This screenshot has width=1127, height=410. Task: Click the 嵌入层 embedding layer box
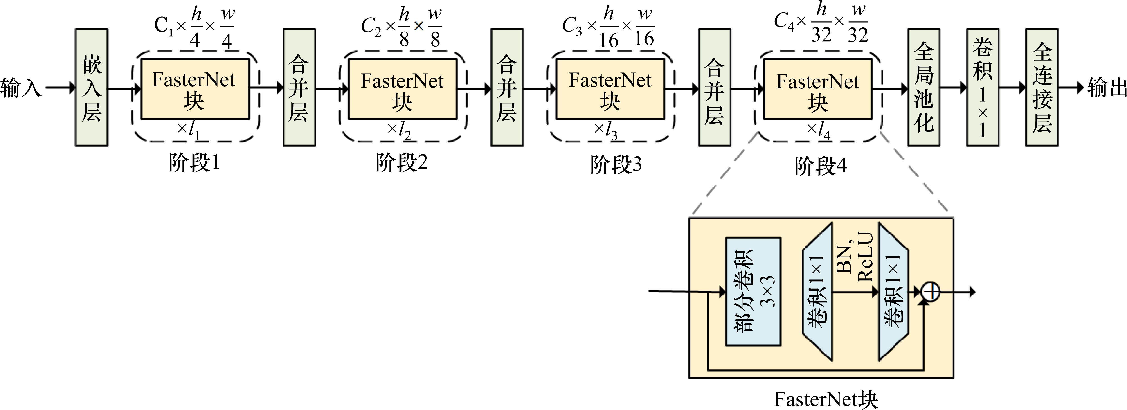tap(91, 88)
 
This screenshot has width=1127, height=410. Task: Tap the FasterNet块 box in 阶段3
tap(610, 89)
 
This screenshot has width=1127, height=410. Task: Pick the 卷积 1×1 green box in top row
tap(982, 88)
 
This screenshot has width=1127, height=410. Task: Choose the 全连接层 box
tap(1041, 88)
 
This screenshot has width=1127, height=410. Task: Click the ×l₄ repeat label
tap(818, 130)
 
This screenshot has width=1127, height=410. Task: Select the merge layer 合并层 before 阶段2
tap(299, 88)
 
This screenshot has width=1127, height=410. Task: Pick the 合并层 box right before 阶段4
tap(714, 88)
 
